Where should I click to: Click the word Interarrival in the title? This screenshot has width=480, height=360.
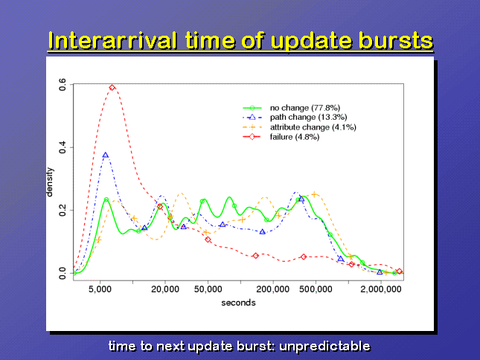click(x=112, y=41)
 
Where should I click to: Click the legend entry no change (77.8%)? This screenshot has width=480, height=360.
click(x=305, y=108)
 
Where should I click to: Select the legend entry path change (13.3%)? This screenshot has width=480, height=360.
click(x=308, y=118)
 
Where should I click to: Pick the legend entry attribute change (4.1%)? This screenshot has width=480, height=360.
click(x=313, y=127)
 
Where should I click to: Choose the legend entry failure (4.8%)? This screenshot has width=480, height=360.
click(x=295, y=137)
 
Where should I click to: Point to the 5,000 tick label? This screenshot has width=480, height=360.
click(x=100, y=289)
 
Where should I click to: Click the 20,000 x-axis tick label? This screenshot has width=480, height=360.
click(x=165, y=289)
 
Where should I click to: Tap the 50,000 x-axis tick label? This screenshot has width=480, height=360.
click(x=208, y=289)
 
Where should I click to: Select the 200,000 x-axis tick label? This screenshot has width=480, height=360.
click(x=273, y=289)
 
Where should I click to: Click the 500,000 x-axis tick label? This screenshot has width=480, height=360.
click(x=316, y=289)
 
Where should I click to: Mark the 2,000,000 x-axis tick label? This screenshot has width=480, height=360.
click(x=381, y=289)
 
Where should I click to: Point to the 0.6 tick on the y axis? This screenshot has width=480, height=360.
click(x=63, y=84)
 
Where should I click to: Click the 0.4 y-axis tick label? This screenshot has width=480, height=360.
click(x=63, y=147)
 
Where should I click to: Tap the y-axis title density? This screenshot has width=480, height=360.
click(x=49, y=182)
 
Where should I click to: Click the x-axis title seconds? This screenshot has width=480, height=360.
click(x=238, y=303)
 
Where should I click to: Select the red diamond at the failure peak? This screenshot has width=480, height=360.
click(x=112, y=88)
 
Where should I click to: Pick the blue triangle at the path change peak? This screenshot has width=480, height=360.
click(x=106, y=155)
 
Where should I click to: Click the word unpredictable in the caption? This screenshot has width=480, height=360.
click(x=324, y=347)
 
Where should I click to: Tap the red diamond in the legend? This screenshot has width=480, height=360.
click(x=252, y=137)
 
